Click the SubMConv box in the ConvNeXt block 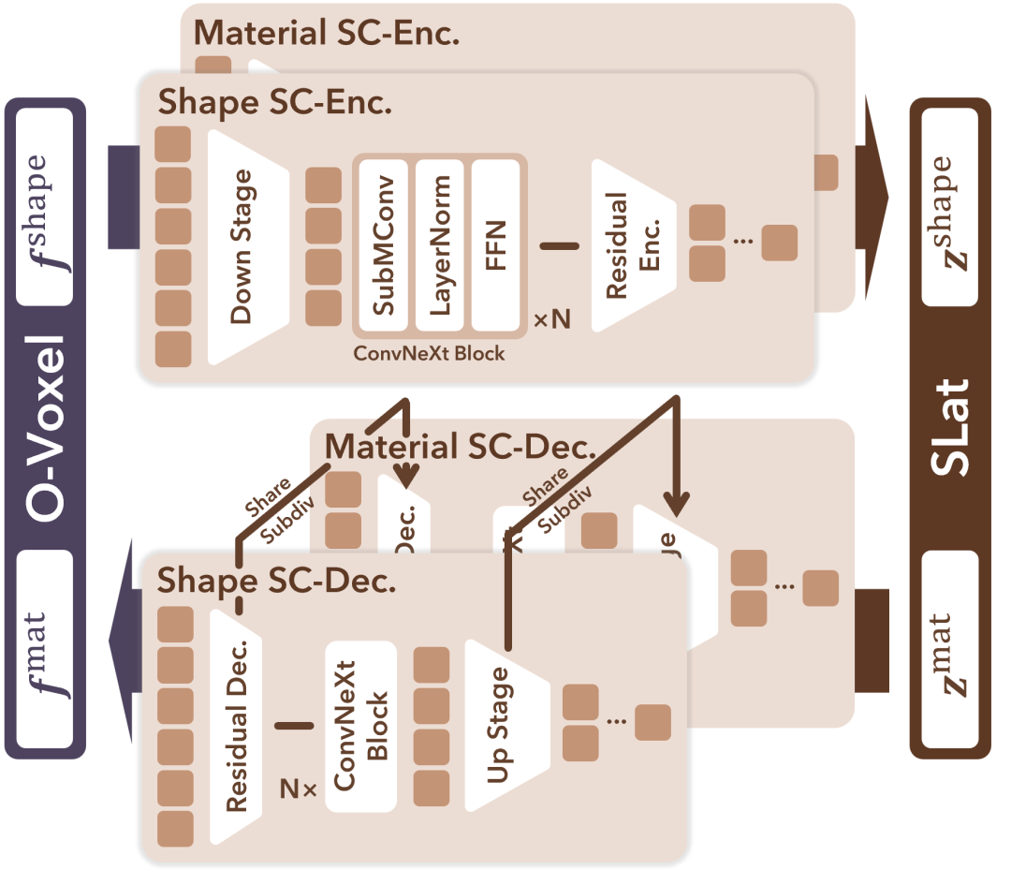[x=382, y=245]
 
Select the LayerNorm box [x=439, y=245]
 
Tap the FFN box [x=495, y=245]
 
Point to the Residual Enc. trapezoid [x=630, y=245]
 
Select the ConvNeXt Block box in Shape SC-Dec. [x=360, y=726]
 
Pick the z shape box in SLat [x=949, y=206]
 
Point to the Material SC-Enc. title [x=326, y=34]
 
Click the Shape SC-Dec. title [x=276, y=581]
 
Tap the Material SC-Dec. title [x=460, y=448]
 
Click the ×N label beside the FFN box [x=551, y=320]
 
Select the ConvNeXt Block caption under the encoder [x=429, y=353]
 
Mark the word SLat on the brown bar [x=949, y=427]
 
